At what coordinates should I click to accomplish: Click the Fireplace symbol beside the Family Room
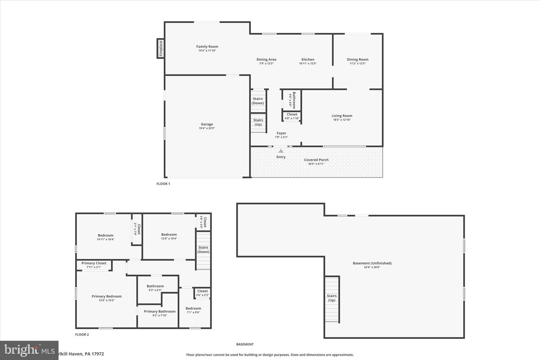click(161, 49)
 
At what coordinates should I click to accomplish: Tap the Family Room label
click(207, 47)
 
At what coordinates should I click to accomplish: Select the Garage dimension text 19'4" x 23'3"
click(207, 128)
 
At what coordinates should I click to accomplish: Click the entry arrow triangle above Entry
click(281, 151)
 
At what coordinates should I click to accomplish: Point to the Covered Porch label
click(316, 160)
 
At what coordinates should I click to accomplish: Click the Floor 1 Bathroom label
click(294, 100)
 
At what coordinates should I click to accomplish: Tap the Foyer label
click(281, 133)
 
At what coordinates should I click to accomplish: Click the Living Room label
click(342, 116)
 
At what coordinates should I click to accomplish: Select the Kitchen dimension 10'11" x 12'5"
click(308, 64)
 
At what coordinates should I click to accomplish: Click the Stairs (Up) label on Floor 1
click(258, 122)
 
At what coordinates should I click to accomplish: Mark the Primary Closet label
click(94, 263)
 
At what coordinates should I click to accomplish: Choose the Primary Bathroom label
click(160, 311)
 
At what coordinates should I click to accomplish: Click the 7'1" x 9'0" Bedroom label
click(193, 309)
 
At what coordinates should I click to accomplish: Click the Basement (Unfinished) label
click(372, 263)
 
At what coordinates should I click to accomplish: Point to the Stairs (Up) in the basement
click(331, 298)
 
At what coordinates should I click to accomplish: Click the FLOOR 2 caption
click(82, 335)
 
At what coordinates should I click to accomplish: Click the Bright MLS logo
click(29, 350)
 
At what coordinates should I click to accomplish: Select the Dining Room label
click(358, 60)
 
